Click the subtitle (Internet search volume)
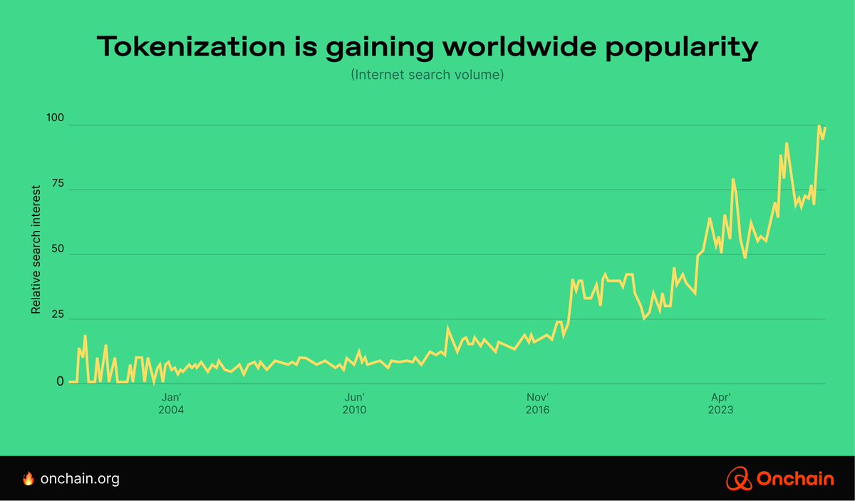coord(427,74)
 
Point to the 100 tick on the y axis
coord(55,118)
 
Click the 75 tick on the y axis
coord(57,183)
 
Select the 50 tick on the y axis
coord(57,249)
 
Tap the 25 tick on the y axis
coord(57,316)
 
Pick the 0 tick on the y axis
coord(61,381)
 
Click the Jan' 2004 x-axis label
coord(172,403)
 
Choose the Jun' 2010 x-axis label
coord(354,403)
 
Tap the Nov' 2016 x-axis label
coord(538,403)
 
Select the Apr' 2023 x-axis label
coord(721,403)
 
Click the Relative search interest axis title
coord(36,249)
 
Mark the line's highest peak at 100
coord(819,126)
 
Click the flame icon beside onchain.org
coord(28,479)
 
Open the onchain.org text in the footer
coord(80,479)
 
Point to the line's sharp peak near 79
coord(732,180)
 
